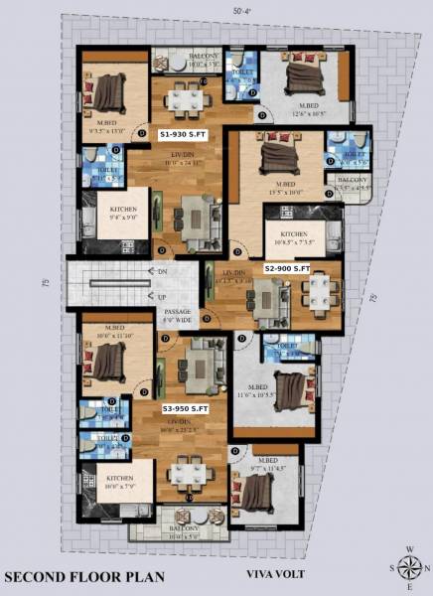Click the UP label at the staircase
(x=160, y=296)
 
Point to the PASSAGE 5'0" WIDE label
(x=179, y=316)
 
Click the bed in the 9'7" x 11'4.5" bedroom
(x=256, y=492)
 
